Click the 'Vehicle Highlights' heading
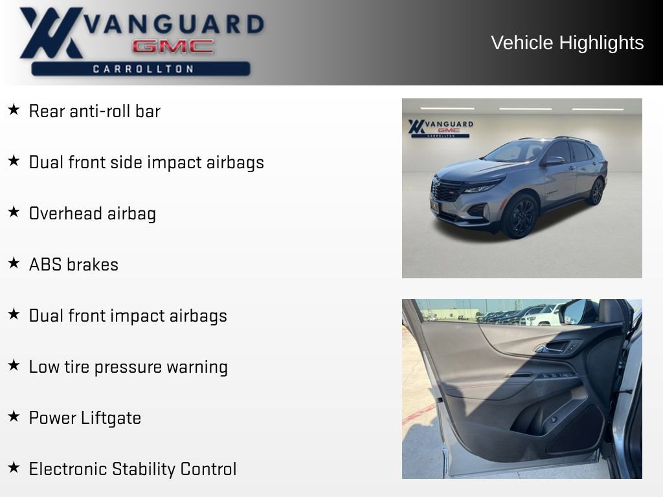567,43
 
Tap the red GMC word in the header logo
173,47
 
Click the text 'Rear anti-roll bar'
95,111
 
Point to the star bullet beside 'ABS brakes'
14,263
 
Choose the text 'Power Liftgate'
85,418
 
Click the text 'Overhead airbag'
93,214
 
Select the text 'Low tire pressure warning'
128,367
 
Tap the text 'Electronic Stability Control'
133,469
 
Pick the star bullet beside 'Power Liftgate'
14,417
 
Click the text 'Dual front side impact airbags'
146,162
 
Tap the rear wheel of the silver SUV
596,192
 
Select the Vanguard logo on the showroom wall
440,127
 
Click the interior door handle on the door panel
555,348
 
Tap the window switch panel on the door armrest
555,376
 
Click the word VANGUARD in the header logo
174,24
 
